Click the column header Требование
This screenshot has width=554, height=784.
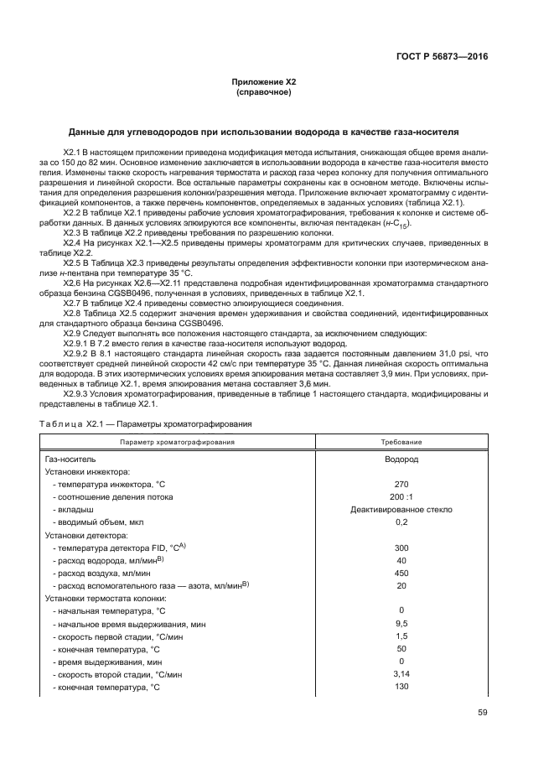click(x=401, y=441)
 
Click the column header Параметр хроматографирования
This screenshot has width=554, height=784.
click(x=177, y=441)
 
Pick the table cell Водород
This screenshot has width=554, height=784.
click(x=401, y=459)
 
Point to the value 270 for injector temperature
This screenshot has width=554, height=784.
click(x=401, y=485)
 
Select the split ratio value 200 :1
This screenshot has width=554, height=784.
click(x=401, y=496)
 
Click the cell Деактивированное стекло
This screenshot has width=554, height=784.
click(x=401, y=509)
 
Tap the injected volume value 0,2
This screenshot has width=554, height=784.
click(x=401, y=522)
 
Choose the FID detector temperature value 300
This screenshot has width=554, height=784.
click(x=401, y=548)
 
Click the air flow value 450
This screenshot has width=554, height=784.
click(x=401, y=573)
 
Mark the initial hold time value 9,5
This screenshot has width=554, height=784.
click(x=401, y=624)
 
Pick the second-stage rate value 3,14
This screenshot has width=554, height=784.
click(x=401, y=675)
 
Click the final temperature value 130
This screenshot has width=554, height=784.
click(x=401, y=688)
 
